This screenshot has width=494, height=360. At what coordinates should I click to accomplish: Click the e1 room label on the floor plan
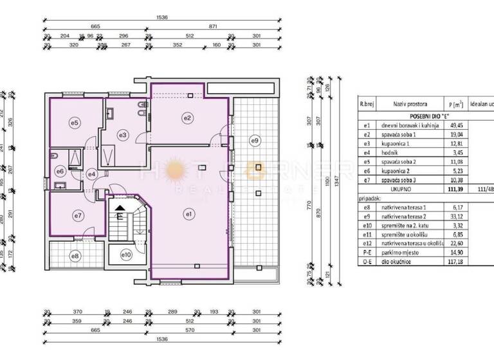pyautogui.click(x=189, y=213)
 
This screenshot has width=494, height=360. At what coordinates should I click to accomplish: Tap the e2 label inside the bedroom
pyautogui.click(x=188, y=117)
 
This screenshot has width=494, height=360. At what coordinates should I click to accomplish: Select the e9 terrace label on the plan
pyautogui.click(x=255, y=141)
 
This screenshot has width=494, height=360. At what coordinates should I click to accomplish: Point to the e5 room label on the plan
pyautogui.click(x=74, y=122)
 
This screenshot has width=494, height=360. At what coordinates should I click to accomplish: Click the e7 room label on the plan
pyautogui.click(x=78, y=215)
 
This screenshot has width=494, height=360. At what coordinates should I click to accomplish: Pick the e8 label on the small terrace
pyautogui.click(x=76, y=256)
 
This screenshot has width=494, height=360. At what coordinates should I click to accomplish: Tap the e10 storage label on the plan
pyautogui.click(x=126, y=255)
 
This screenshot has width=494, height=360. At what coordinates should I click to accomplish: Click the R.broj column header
pyautogui.click(x=367, y=104)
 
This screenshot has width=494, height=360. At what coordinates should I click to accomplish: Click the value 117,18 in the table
pyautogui.click(x=455, y=262)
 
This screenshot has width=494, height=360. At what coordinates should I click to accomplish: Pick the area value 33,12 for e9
pyautogui.click(x=455, y=217)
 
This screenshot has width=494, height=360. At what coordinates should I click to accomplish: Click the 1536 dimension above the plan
pyautogui.click(x=161, y=17)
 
